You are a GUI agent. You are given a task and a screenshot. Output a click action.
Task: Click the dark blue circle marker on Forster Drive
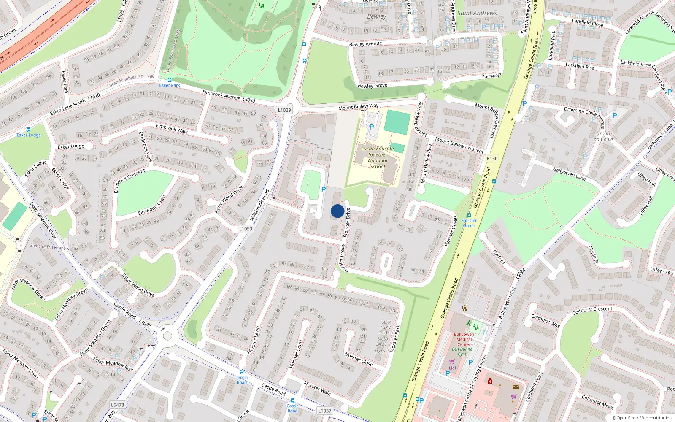coord(337,211)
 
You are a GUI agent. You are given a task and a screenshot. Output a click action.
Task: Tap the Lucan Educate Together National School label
coord(377,157)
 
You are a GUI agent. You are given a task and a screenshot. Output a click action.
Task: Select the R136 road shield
coord(492,158)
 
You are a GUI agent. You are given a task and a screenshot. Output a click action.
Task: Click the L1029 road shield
coord(284,110)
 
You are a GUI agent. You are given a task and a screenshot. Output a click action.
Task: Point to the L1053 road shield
coord(246,229)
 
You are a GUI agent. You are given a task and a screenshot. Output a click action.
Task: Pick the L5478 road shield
coord(118,405)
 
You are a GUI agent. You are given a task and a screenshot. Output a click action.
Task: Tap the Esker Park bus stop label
coord(170,85)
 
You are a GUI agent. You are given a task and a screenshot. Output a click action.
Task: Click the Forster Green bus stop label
coord(469,223)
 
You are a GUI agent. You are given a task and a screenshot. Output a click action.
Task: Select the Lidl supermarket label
coord(452,368)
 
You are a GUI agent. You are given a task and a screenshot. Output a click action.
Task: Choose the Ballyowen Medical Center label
coord(464,339)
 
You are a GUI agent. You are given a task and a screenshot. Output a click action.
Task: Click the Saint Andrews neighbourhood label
coord(477,13)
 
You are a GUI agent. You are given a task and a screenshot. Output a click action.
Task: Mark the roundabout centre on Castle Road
coord(167,336)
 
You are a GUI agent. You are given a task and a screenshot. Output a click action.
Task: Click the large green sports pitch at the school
coord(397,122)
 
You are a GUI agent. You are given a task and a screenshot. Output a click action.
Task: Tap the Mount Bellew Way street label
coord(358,107)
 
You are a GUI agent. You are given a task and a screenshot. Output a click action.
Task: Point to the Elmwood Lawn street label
coord(152,206)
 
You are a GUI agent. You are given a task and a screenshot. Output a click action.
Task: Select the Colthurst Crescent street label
coord(592,311)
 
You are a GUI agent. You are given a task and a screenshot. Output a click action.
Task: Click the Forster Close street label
coord(359,359)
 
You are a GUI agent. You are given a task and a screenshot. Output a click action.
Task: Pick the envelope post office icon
coord(516,387)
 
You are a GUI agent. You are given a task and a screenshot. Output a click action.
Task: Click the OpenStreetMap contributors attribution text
coord(642,418)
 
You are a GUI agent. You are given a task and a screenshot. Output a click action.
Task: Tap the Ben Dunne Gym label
coord(462,352)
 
